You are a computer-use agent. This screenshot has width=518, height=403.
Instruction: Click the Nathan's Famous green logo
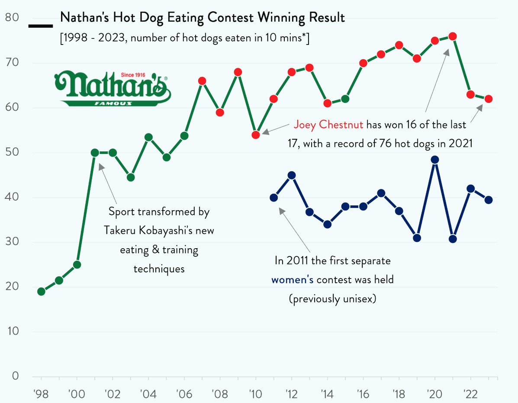tap(113, 89)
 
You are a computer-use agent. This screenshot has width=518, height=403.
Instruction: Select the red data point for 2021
tap(453, 37)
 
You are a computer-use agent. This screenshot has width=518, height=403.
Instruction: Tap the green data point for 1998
tap(41, 291)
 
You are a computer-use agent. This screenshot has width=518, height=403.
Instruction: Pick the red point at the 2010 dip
tap(256, 135)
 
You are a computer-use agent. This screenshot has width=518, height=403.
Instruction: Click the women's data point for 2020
tap(435, 160)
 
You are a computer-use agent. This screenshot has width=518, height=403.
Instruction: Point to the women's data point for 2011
tap(273, 198)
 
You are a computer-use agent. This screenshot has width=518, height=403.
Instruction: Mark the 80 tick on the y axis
tap(12, 18)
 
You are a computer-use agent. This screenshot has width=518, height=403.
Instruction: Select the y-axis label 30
tap(12, 242)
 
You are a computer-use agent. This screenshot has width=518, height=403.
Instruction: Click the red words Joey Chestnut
tap(328, 125)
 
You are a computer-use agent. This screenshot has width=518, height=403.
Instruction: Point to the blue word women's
tap(293, 280)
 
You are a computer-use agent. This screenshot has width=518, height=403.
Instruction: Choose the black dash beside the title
tap(40, 26)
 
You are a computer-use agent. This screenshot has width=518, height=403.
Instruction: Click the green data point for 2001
tap(95, 153)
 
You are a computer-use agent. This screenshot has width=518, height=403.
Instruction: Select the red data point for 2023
tap(489, 99)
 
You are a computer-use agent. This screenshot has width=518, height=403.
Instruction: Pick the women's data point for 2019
tap(417, 238)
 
